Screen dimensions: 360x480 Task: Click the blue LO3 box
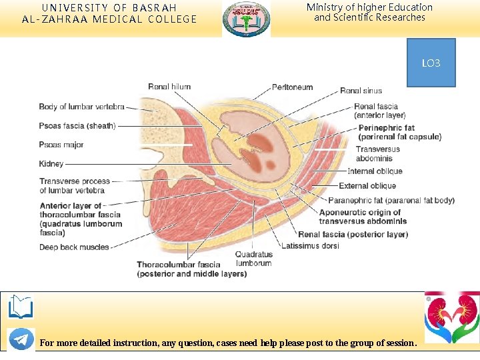(x=431, y=63)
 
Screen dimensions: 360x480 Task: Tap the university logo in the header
(x=246, y=18)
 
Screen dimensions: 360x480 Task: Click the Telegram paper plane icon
(x=21, y=339)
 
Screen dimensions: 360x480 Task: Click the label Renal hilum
(x=169, y=87)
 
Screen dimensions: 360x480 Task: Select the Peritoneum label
(x=292, y=87)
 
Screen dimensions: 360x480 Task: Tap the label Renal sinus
(x=361, y=91)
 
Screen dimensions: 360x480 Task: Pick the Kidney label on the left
(x=51, y=163)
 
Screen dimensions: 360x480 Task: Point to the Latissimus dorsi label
(x=310, y=245)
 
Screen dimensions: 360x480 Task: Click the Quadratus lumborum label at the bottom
(x=253, y=259)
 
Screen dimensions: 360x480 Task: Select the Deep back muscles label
(x=74, y=247)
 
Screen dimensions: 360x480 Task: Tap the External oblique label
(x=367, y=186)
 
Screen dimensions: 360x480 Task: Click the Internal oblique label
(x=375, y=171)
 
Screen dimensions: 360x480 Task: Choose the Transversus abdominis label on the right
(x=377, y=153)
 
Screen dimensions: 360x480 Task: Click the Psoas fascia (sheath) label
(x=77, y=126)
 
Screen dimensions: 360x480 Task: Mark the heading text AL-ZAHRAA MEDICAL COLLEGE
(x=109, y=19)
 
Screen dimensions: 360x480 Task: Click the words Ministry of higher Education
(x=369, y=7)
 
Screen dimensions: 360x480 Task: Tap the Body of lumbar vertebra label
(x=81, y=107)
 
